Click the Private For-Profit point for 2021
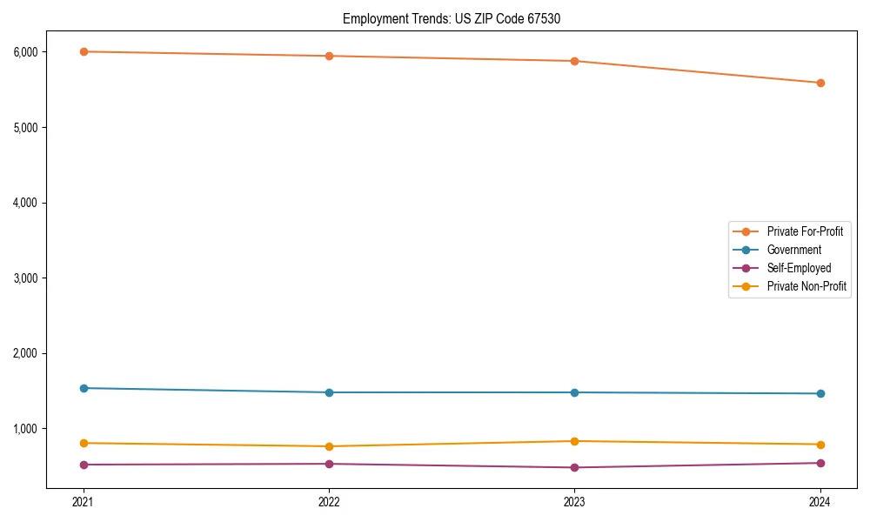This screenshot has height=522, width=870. click(x=84, y=51)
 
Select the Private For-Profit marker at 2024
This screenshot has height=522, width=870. click(x=820, y=83)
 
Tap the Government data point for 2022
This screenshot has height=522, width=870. click(x=329, y=392)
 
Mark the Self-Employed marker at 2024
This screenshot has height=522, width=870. click(x=820, y=463)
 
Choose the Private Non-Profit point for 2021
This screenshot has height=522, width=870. click(x=84, y=443)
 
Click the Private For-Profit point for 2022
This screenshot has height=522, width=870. click(x=329, y=56)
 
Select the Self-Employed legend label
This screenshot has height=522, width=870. click(x=799, y=268)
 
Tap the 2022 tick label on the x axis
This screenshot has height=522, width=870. click(x=329, y=501)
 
